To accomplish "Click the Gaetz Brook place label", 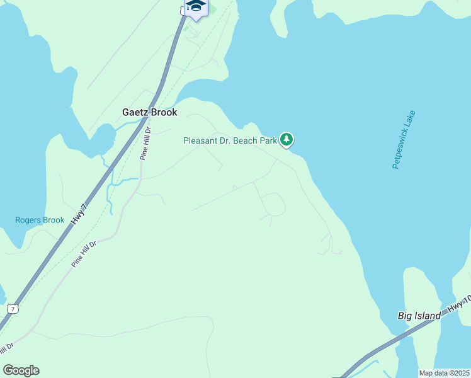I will tap(149, 112).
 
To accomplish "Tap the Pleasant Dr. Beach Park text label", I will tap(230, 140).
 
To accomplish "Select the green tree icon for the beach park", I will tap(287, 139).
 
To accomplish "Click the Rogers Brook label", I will tap(40, 220).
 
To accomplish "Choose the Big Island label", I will tap(419, 316).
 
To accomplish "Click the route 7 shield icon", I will tap(13, 308).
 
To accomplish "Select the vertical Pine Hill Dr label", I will tap(145, 144).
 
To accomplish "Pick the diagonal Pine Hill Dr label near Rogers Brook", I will tap(84, 255).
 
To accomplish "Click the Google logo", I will tap(21, 370).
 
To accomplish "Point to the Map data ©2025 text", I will tap(443, 373).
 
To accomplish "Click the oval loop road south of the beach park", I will tap(272, 204).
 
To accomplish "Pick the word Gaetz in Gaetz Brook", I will tap(135, 112).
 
